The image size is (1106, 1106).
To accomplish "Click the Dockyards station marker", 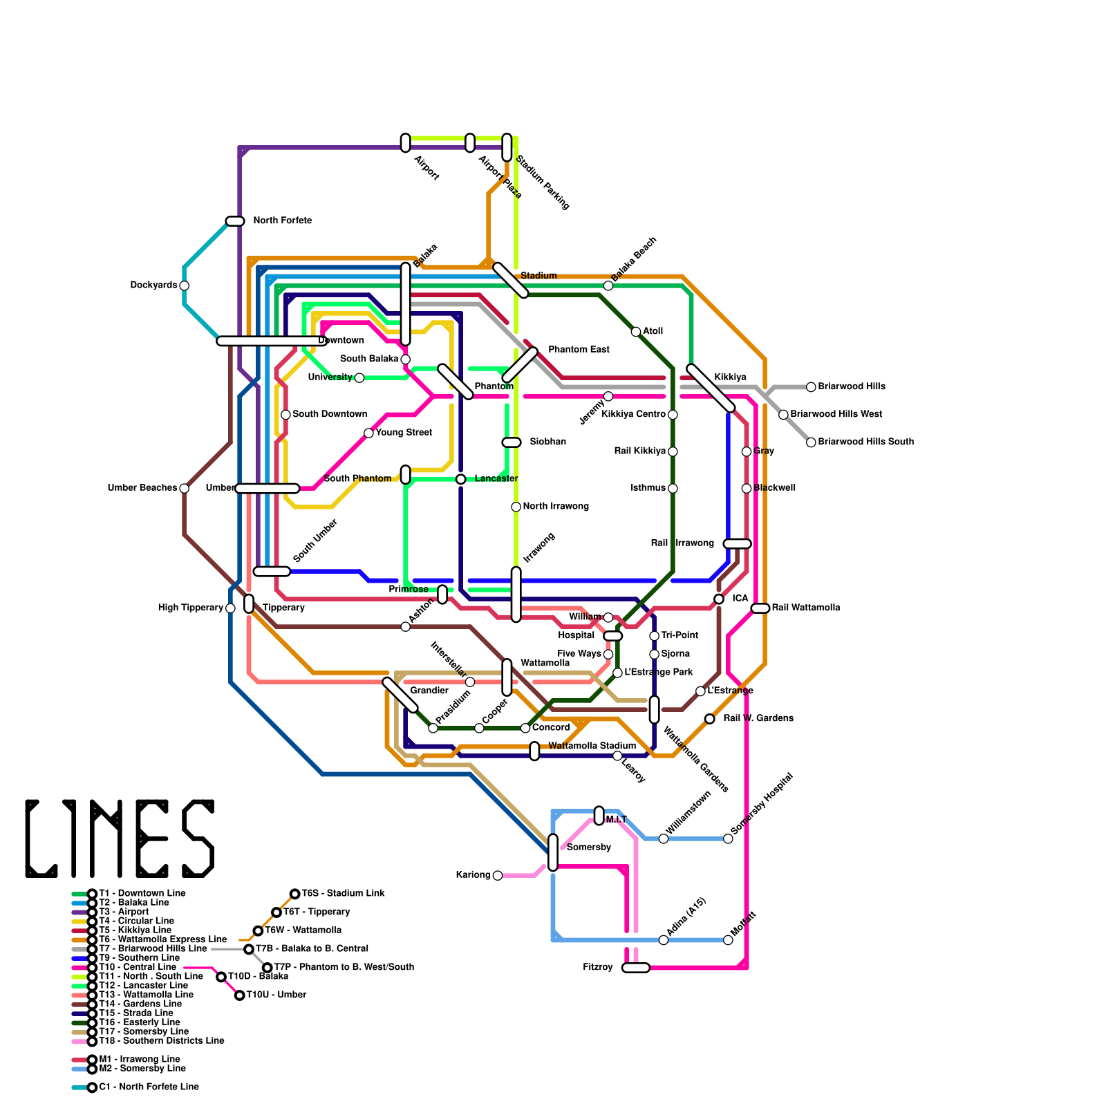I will pos(184,285).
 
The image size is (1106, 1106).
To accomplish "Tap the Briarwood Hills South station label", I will pos(865,442).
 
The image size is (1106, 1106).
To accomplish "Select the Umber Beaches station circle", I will pos(184,488).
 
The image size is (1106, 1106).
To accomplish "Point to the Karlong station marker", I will pos(498,876).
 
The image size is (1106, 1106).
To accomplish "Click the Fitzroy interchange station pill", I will pos(635,968).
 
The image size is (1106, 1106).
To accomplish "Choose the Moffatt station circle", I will pos(728,940).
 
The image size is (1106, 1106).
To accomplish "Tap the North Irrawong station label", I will pos(556,507).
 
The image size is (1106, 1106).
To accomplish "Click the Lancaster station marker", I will pos(460,479).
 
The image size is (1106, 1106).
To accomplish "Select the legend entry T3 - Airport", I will pos(124,912).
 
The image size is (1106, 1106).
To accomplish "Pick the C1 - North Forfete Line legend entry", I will pos(149,1087).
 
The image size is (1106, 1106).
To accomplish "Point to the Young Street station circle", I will pos(368,433).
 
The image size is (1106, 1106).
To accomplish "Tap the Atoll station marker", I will pos(636,332).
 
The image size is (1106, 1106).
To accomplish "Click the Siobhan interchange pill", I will pos(512,442).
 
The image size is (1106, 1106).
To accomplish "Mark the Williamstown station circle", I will pos(664,838).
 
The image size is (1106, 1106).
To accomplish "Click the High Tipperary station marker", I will pos(230,608).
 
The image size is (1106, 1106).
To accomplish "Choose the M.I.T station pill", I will pos(599,816).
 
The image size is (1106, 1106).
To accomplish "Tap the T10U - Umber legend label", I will pos(276,995).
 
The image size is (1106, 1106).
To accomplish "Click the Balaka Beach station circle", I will pos(608,285).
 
